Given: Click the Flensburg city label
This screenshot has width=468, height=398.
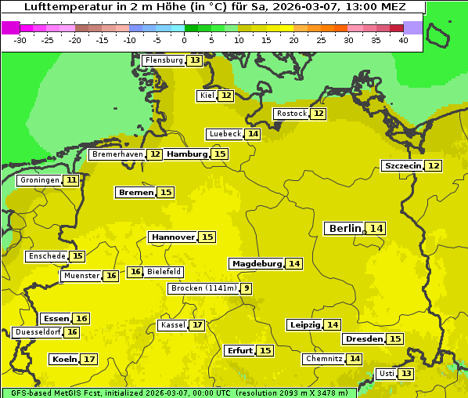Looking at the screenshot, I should point(164,60).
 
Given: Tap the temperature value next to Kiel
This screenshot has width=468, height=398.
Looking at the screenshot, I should point(225,96).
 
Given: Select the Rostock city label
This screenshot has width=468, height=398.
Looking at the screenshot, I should point(292,114).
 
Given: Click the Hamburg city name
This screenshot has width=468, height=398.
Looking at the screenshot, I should point(187,154).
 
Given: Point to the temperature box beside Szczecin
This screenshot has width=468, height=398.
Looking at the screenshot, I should point(434,165).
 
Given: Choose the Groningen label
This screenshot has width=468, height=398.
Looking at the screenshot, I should point(40,180).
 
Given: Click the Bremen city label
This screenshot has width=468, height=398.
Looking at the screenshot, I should point(135,192).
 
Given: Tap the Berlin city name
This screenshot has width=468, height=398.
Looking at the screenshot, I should point(345,228).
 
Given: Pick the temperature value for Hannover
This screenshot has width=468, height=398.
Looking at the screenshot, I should point(207,237).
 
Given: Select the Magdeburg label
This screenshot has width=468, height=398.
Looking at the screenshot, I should point(257,263).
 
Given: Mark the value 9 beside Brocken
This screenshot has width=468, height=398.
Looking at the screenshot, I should point(247,288).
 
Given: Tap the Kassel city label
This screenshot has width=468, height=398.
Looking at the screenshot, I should point(172,325).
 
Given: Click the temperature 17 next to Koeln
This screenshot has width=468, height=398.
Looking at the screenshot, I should point(89,359).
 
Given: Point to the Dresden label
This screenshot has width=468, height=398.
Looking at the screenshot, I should point(364,339).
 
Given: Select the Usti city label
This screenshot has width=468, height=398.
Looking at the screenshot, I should point(386,374).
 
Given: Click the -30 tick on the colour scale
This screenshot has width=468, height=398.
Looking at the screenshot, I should point(20,40).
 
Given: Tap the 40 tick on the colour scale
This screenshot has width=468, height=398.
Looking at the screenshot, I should point(403,40).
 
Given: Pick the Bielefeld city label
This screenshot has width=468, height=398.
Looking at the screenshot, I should point(164,272).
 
